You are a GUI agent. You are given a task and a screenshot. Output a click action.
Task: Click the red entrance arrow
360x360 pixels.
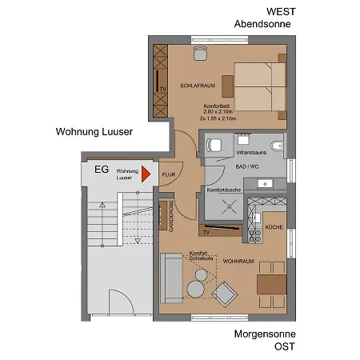coord(146,173)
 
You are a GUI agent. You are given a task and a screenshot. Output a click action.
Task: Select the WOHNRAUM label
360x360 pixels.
coord(238,261)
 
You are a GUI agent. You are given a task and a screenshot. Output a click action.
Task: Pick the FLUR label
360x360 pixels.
coord(169,174)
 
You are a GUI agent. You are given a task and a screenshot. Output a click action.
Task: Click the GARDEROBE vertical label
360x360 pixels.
coord(171,216)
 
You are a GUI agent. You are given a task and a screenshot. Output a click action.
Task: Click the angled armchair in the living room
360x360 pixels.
coord(224,294)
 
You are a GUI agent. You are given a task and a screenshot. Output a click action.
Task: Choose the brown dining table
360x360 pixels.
coord(271,284)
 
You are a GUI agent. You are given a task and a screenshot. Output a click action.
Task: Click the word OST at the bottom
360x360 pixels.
coord(285,346)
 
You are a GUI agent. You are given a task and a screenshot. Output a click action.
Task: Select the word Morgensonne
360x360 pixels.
coord(265,334)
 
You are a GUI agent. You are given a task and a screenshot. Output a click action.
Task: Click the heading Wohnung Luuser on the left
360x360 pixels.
coord(94,132)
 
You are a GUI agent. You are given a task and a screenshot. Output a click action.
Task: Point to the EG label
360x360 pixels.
coord(102,170)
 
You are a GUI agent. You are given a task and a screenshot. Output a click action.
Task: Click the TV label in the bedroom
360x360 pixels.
coord(161,89)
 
